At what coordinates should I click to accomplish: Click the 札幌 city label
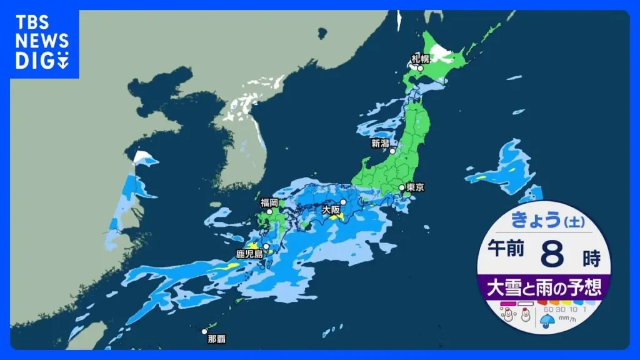pos(419,59)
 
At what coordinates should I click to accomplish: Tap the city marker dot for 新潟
pos(392,151)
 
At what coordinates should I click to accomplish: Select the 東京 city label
pos(416,187)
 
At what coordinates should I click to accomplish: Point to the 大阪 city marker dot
pos(343,202)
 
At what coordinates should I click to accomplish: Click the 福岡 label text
pos(269,202)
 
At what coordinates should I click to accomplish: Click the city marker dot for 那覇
pos(204,332)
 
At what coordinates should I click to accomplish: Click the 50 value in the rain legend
pos(548,309)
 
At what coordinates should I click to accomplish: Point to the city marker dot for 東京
pos(402,187)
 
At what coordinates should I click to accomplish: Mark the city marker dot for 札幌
pos(421,68)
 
